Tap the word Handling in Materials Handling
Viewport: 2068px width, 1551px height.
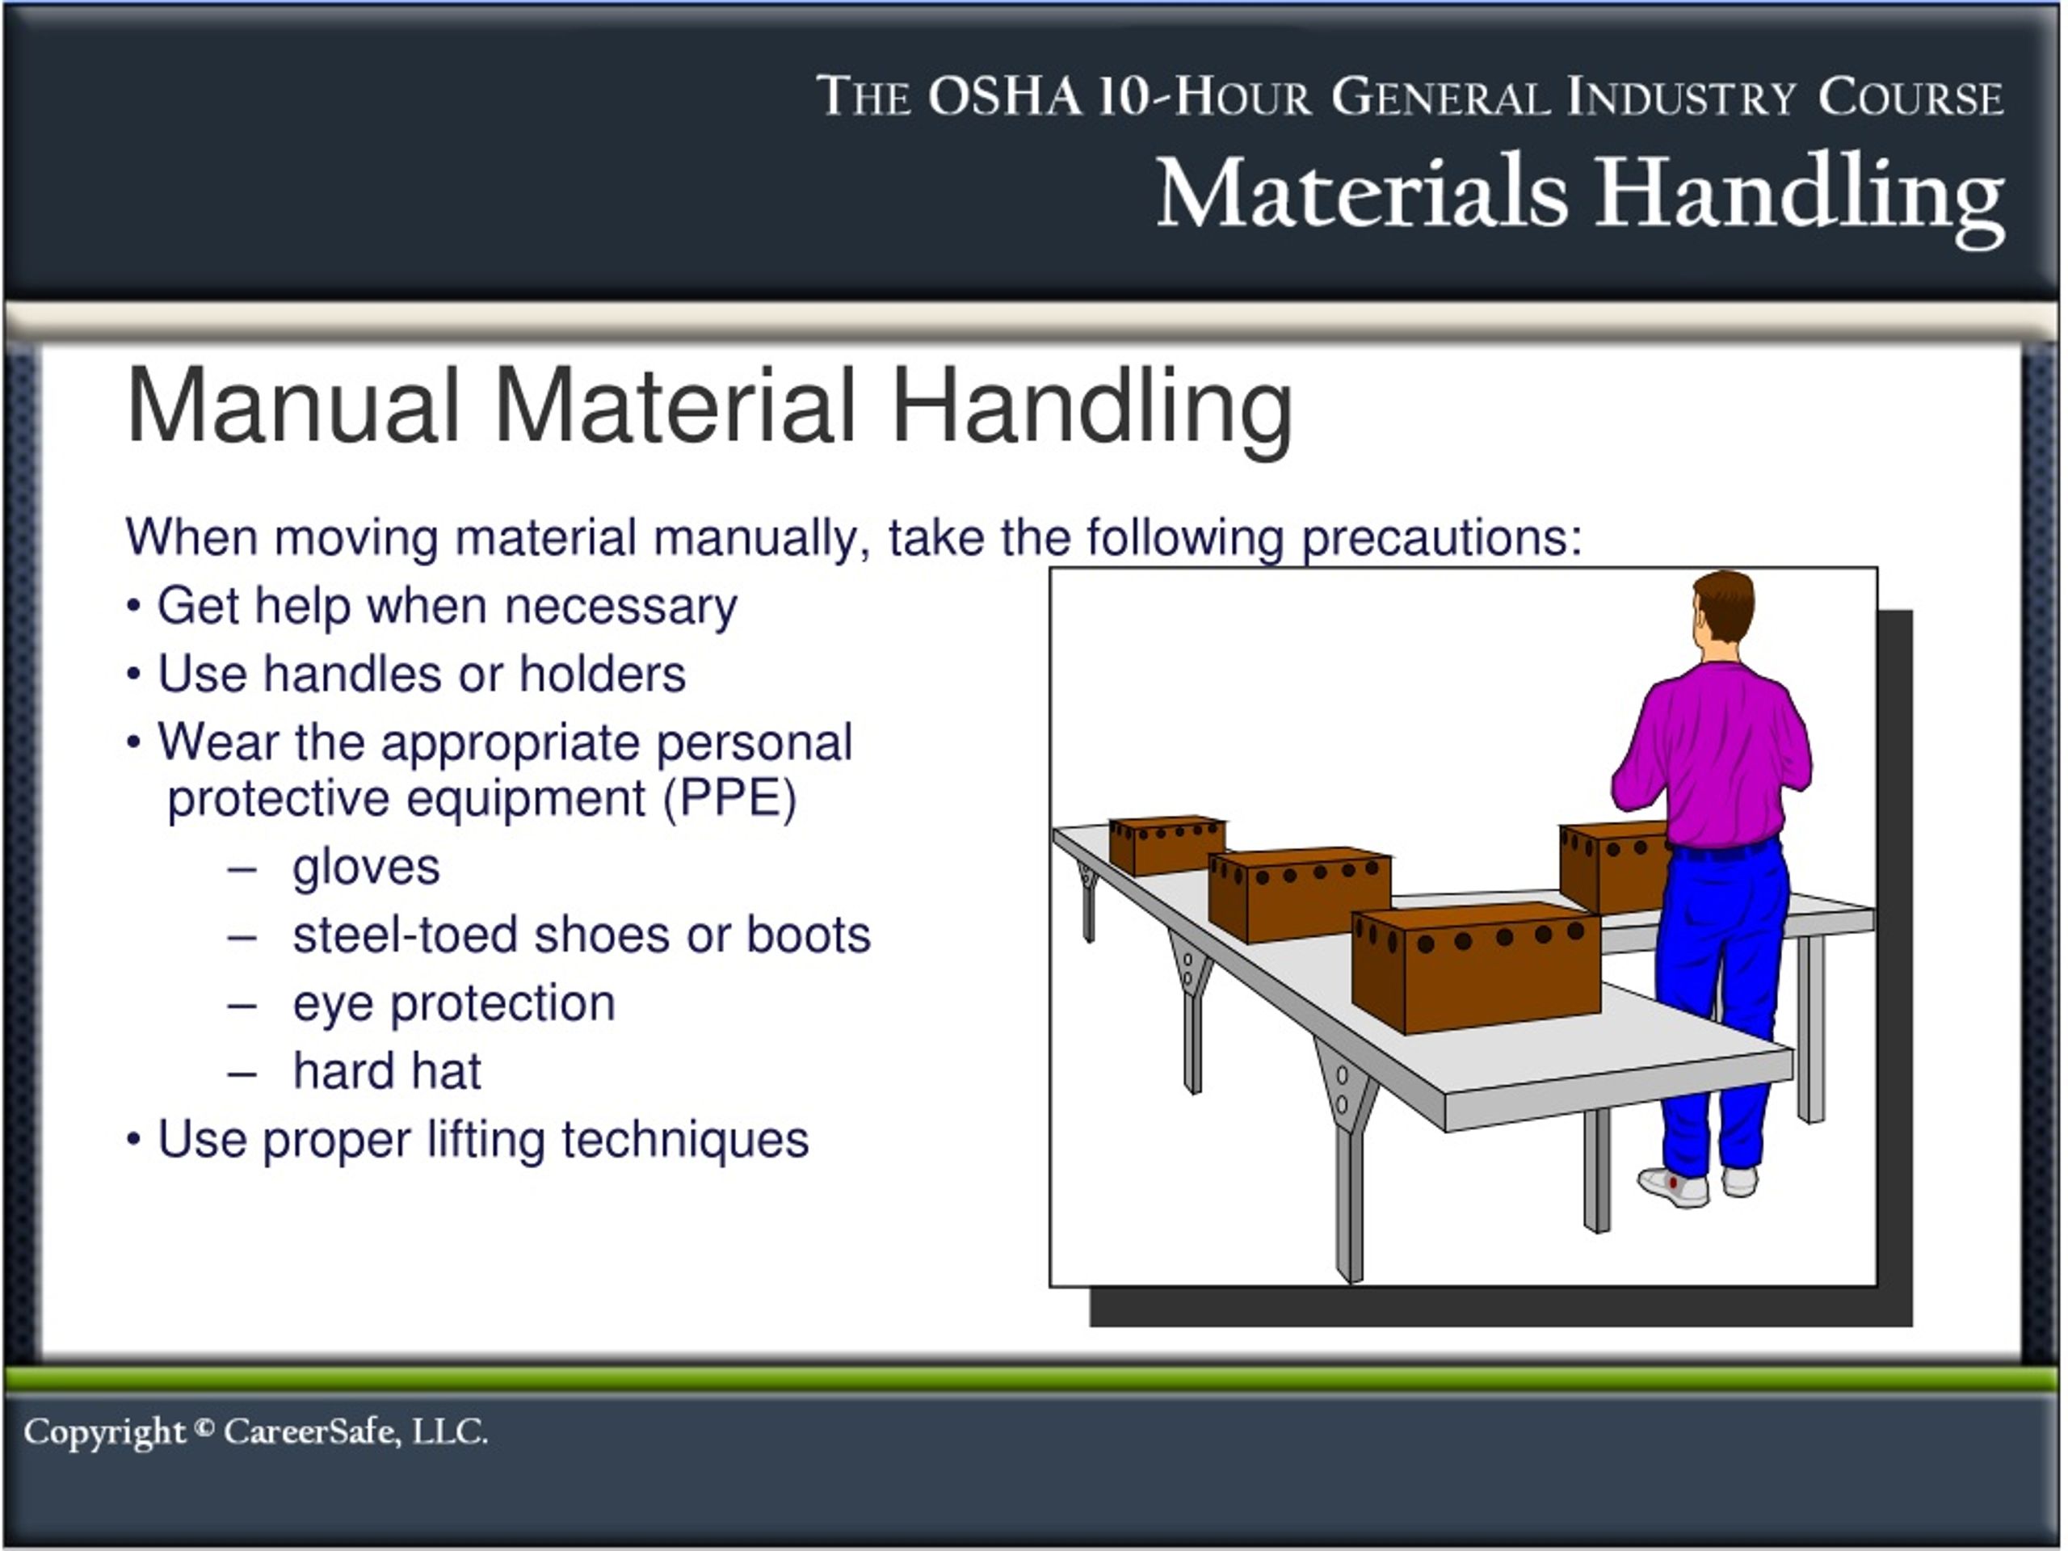[x=1799, y=195]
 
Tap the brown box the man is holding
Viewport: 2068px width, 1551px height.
[x=1612, y=869]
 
